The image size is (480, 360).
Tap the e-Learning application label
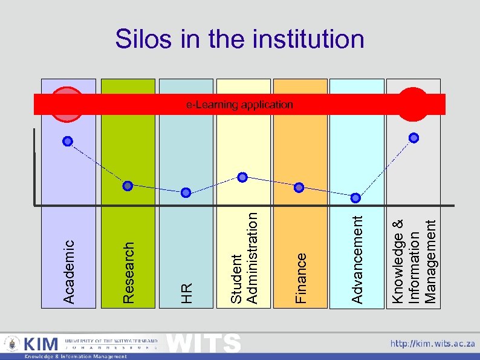pos(239,105)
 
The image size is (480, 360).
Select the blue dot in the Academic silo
pos(68,141)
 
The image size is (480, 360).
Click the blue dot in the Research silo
pos(128,185)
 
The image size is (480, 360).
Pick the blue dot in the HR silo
pos(186,192)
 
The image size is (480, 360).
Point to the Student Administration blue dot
pos(242,177)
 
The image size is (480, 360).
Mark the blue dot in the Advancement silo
pos(356,197)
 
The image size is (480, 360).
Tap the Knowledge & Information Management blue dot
pos(414,137)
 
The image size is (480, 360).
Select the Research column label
pos(128,272)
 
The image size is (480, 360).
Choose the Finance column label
pos(300,277)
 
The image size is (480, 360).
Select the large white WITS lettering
pos(203,342)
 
